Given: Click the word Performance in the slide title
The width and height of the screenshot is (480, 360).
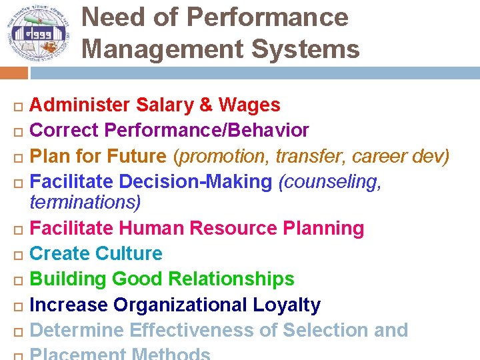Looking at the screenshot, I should pos(267,17).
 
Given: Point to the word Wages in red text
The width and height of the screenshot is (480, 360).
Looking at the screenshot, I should pos(249,105).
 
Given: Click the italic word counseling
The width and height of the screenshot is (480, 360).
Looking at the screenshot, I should pos(331,182).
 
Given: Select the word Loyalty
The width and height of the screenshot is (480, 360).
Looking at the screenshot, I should pos(287,305).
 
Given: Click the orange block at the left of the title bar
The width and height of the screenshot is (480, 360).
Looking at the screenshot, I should pos(13,73).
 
